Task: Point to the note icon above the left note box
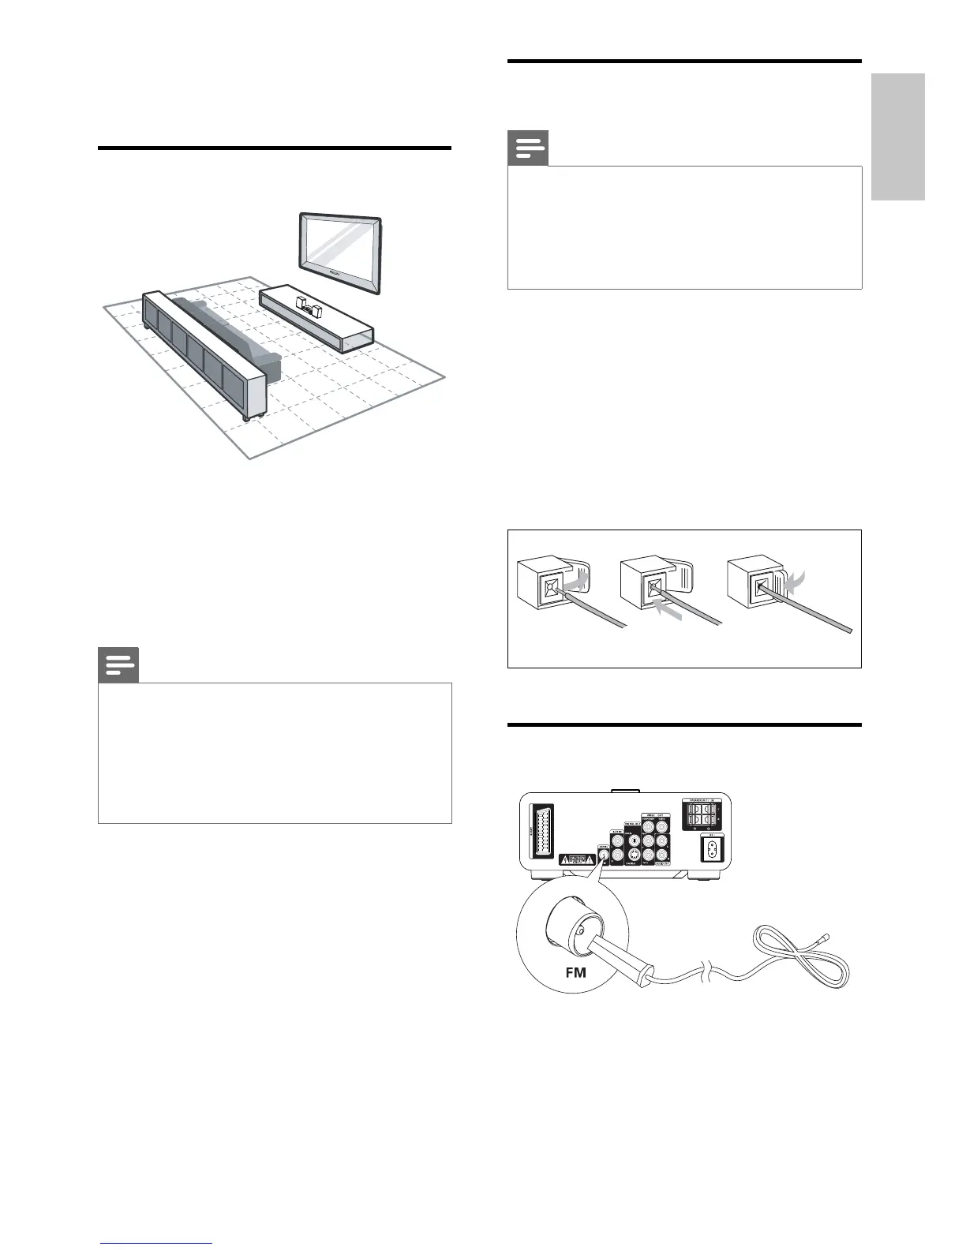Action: pos(118,666)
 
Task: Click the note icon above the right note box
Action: pos(528,148)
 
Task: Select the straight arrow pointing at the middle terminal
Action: pos(666,607)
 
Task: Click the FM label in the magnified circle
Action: pos(576,971)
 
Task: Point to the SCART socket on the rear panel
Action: pos(542,833)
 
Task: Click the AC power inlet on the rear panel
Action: pos(713,849)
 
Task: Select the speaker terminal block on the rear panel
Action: pos(702,813)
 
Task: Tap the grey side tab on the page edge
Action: pos(899,137)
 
